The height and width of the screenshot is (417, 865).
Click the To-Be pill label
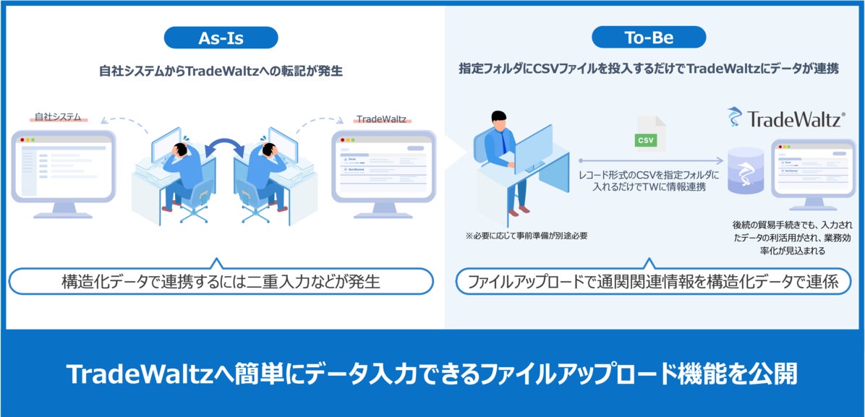[648, 37]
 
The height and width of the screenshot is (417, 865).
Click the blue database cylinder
[746, 172]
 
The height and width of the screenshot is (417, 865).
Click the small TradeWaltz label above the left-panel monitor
[381, 118]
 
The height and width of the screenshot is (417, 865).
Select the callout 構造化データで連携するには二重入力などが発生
[221, 282]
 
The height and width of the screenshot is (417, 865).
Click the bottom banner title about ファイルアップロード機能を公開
[432, 374]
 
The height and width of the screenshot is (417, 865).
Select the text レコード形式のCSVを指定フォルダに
[649, 175]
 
